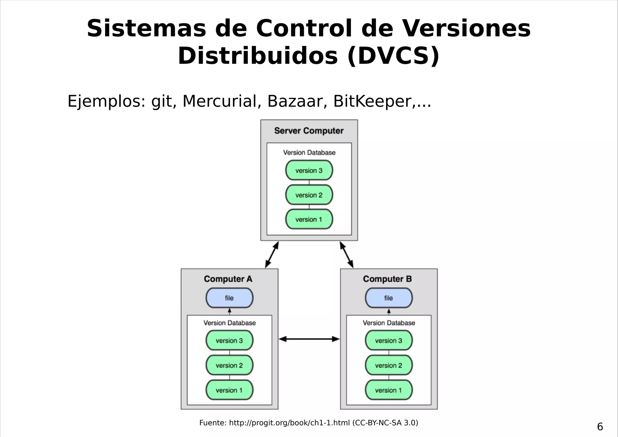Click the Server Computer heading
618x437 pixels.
coord(309,131)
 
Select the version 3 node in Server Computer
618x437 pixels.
coord(309,170)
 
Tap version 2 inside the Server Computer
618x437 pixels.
coord(309,195)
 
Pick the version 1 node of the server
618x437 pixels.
coord(309,220)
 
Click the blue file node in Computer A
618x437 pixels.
coord(229,298)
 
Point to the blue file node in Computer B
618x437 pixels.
coord(389,298)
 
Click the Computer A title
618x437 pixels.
coord(228,279)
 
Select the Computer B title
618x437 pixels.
coord(387,279)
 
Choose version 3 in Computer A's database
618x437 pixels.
coord(229,341)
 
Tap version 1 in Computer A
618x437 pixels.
coord(229,390)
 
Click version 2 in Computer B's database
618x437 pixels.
coord(389,365)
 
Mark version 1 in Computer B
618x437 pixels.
coord(389,390)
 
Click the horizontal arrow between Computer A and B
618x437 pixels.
coord(309,339)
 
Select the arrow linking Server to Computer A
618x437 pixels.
coord(272,255)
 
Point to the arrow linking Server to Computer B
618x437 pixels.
coord(346,255)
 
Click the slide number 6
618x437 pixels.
coord(600,427)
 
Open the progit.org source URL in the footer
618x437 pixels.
coord(289,423)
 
